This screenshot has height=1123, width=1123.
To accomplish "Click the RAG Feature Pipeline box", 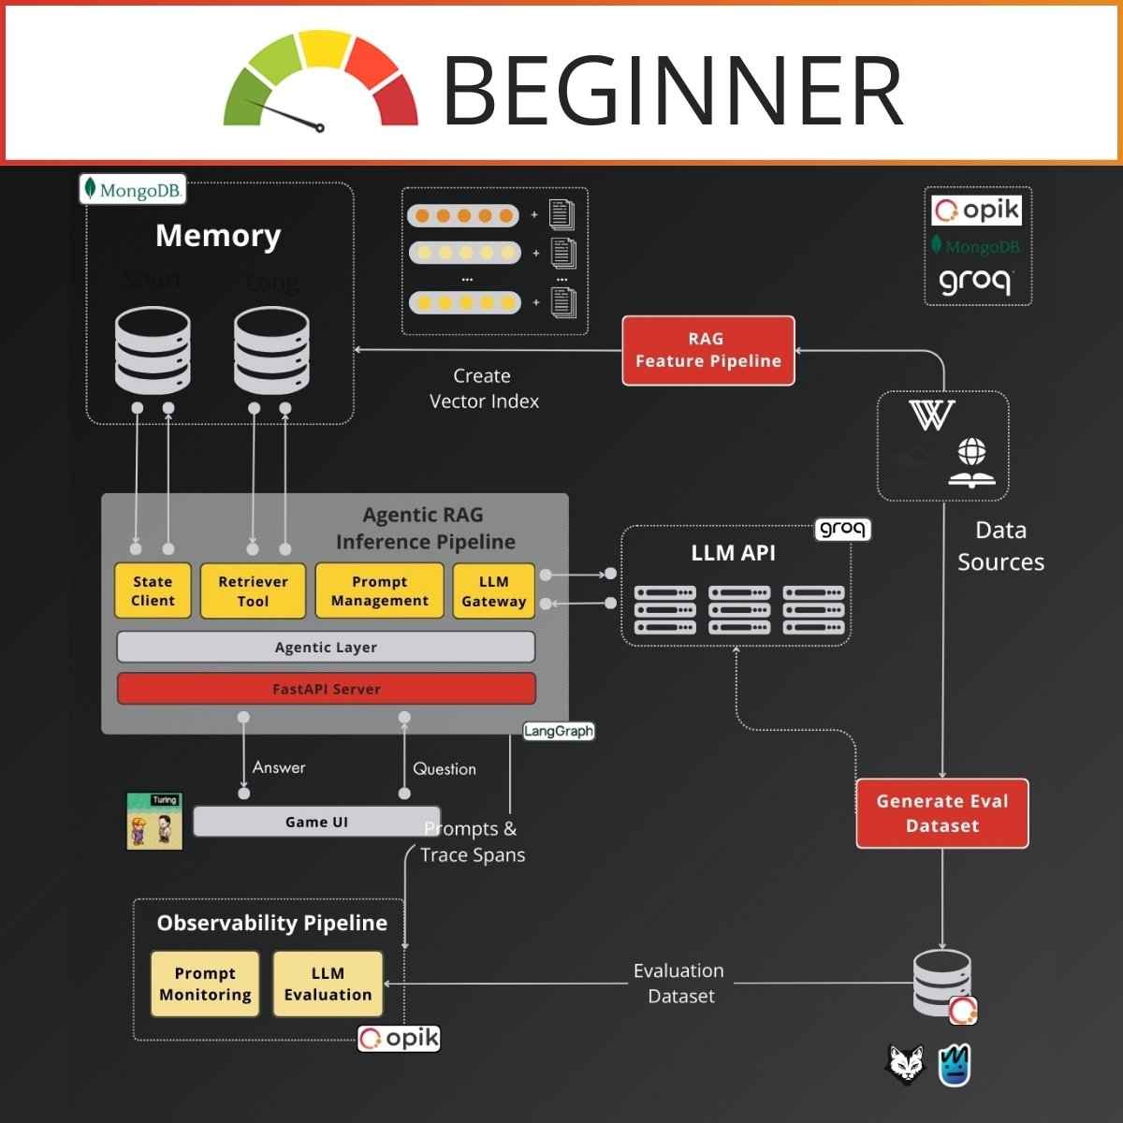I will tap(708, 351).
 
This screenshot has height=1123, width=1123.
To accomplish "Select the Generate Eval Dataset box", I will tap(942, 813).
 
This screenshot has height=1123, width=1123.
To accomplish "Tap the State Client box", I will tap(153, 591).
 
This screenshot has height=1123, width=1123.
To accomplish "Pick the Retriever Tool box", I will tap(253, 591).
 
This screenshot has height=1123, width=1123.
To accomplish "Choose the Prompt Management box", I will tap(379, 591).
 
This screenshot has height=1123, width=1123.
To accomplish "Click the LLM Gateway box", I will tap(493, 591).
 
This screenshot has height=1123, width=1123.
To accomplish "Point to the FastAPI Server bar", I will tap(326, 689).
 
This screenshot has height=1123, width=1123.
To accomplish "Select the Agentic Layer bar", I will tap(326, 647).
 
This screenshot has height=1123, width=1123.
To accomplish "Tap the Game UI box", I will tap(316, 822).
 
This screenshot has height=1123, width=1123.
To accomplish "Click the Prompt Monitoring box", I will tap(205, 984).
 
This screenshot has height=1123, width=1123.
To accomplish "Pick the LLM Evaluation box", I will tap(328, 984).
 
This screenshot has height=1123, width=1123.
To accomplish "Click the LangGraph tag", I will tap(559, 731).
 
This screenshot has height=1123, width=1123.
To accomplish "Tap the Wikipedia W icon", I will tap(931, 415).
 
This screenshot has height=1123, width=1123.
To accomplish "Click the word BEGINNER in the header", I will tap(672, 90).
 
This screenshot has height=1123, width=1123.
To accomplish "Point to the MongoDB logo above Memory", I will tap(132, 190).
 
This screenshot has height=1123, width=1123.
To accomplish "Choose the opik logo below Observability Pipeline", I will tap(399, 1039).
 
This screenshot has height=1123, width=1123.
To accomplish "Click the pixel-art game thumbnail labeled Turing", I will tap(154, 822).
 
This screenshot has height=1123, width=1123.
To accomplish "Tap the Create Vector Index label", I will tap(483, 388).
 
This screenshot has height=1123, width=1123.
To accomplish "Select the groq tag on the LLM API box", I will tap(842, 529).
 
